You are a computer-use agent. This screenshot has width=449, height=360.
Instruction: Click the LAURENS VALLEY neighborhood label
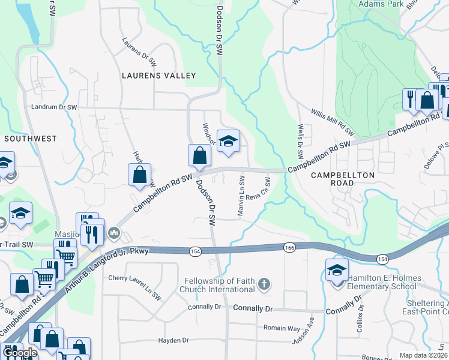[x=159, y=76]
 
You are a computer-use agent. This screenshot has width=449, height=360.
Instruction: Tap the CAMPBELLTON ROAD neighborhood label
[x=343, y=180]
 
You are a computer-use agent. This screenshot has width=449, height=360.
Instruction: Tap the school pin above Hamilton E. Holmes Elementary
[x=337, y=270]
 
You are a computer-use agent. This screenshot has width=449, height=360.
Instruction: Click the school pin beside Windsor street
[x=228, y=141]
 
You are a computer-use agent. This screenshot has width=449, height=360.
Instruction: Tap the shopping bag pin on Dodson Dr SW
[x=199, y=156]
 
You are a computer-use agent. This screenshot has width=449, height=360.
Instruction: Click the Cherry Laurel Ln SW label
[x=135, y=287]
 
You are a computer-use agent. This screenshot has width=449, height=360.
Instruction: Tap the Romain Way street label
[x=282, y=328]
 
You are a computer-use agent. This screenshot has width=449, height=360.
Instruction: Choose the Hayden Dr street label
[x=173, y=340]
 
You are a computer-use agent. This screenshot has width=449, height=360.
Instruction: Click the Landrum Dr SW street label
[x=54, y=107]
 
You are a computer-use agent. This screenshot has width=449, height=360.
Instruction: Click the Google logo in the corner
[x=19, y=353]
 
